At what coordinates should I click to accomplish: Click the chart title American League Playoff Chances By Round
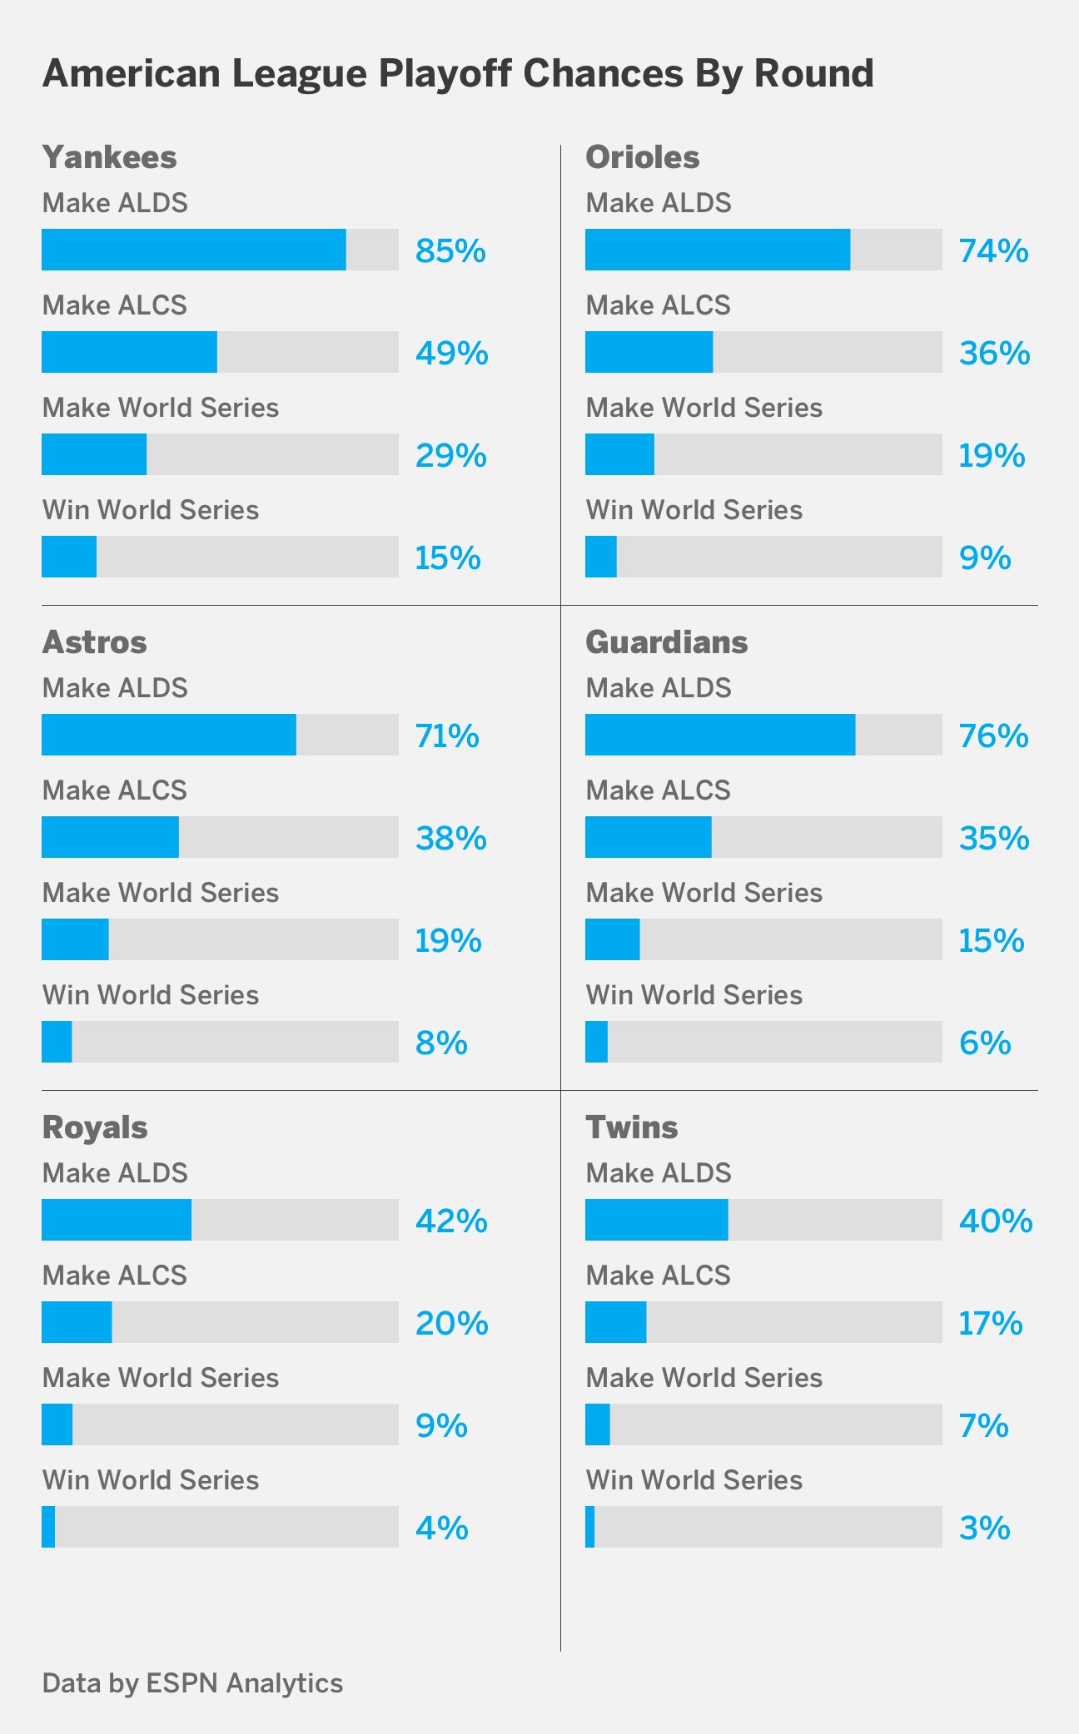[458, 74]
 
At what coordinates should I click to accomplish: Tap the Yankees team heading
[109, 157]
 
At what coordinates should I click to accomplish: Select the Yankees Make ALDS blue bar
[193, 250]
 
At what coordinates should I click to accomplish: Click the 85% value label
[450, 250]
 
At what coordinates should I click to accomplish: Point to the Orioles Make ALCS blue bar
[649, 352]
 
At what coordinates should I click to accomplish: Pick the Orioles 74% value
[993, 250]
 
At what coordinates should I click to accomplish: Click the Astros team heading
[94, 642]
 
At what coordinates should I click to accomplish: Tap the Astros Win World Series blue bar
[57, 1042]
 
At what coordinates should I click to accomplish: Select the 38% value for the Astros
[450, 838]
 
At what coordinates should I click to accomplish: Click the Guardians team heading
[666, 642]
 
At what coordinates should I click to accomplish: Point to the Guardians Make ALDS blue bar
[719, 735]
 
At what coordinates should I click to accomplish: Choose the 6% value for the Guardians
[984, 1043]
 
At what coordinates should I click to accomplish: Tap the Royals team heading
[94, 1127]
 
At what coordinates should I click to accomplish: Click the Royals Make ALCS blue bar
[77, 1322]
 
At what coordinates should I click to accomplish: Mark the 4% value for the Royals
[441, 1528]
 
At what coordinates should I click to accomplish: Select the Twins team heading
[631, 1127]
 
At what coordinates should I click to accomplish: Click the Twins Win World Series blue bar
[589, 1527]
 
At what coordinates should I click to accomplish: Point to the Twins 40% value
[995, 1221]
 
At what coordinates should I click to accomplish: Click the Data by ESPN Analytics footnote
[192, 1682]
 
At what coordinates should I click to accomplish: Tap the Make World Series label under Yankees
[160, 408]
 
